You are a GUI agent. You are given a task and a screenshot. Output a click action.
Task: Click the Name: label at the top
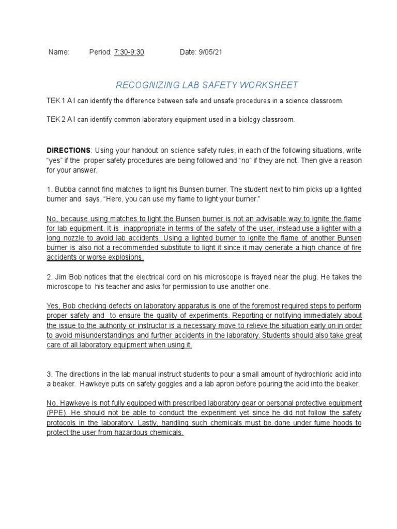58,53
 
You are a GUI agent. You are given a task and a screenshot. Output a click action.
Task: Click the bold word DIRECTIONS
68,150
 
